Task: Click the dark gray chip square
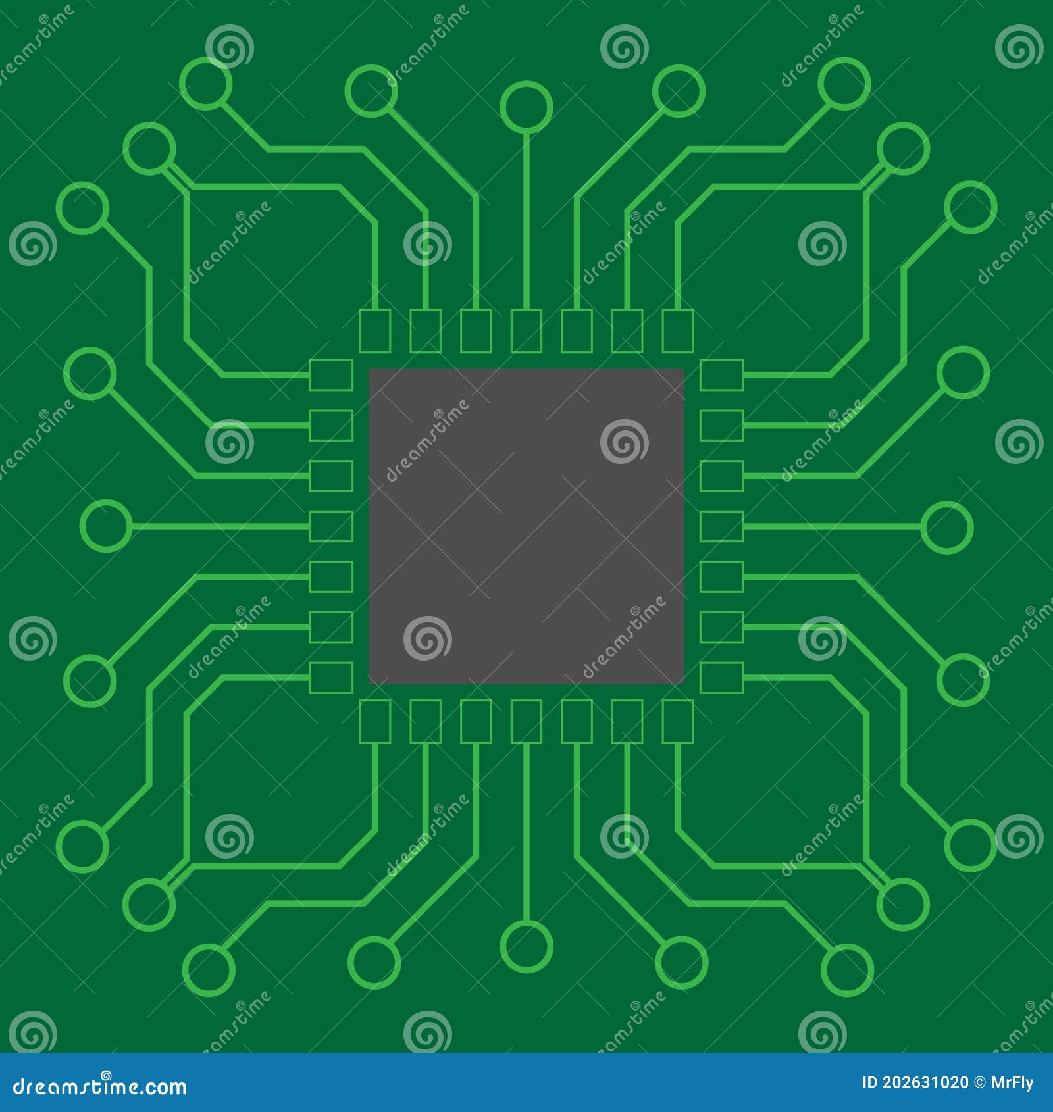click(x=526, y=526)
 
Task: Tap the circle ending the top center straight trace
click(x=526, y=107)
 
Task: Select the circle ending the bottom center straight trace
click(x=526, y=946)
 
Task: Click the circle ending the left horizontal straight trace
click(x=106, y=526)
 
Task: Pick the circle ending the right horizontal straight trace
click(x=946, y=527)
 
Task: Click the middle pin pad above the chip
click(x=526, y=331)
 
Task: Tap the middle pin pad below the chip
click(x=526, y=722)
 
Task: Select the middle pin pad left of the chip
click(x=331, y=526)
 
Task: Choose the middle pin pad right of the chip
click(x=721, y=526)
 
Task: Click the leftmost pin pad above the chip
click(x=375, y=331)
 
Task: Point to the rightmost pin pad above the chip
click(x=677, y=331)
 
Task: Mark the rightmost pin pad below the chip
click(x=677, y=722)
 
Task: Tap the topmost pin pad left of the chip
click(x=331, y=375)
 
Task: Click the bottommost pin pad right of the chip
click(x=721, y=678)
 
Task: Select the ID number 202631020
click(x=924, y=1082)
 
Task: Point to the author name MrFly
click(x=1012, y=1082)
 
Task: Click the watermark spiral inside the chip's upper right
click(x=624, y=441)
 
